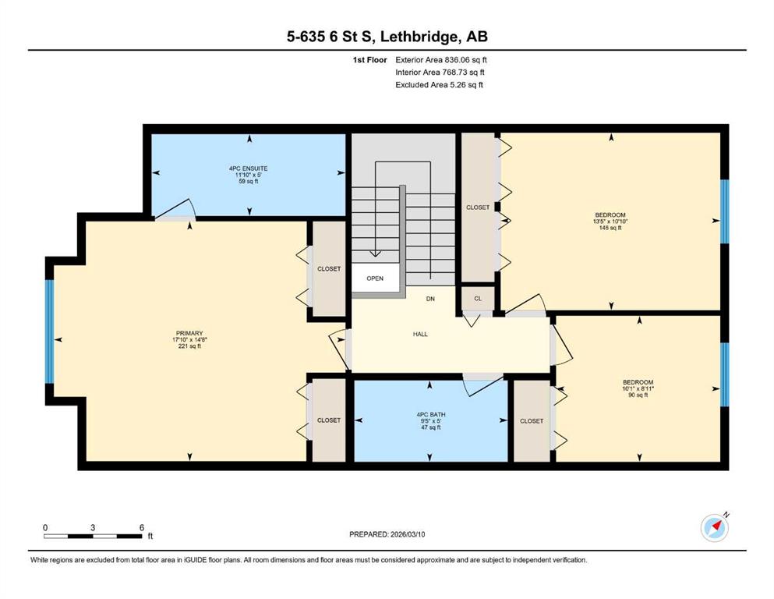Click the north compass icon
[714, 528]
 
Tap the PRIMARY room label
[189, 333]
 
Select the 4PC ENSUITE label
[249, 168]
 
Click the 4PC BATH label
[431, 415]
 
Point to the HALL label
[420, 335]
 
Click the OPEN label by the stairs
[375, 278]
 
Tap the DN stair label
[430, 299]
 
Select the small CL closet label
[478, 299]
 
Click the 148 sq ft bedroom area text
[610, 228]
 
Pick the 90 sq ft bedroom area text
[638, 395]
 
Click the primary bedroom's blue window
[49, 331]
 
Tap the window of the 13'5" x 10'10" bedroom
[725, 211]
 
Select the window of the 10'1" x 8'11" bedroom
[725, 374]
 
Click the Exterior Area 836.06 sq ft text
[441, 60]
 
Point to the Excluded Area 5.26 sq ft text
[439, 84]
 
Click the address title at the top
[387, 36]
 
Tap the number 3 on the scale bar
[93, 527]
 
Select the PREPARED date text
[387, 534]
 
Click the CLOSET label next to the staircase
[478, 207]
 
